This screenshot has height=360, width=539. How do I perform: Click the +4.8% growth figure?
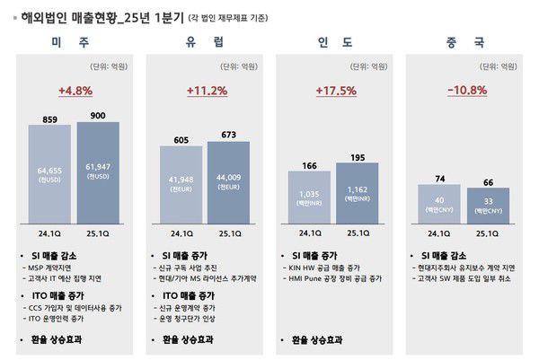pyautogui.click(x=75, y=91)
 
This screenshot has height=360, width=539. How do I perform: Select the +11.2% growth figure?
pyautogui.click(x=207, y=91)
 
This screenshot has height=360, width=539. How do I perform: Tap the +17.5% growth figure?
pyautogui.click(x=336, y=91)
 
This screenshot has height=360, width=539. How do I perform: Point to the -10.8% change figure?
pyautogui.click(x=466, y=91)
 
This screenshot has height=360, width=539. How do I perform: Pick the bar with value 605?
pyautogui.click(x=181, y=183)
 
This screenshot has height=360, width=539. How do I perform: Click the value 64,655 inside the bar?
pyautogui.click(x=49, y=170)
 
